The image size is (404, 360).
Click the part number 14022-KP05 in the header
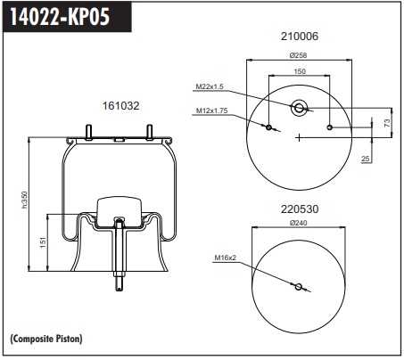click(x=60, y=16)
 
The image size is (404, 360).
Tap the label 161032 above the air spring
click(x=120, y=106)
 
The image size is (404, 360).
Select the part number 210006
click(x=300, y=37)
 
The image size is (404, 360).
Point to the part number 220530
click(x=300, y=209)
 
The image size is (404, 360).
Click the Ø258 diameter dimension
click(x=298, y=55)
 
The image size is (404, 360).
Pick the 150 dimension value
click(x=300, y=71)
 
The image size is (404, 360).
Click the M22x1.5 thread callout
click(x=210, y=86)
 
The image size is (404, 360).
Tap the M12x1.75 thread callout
click(x=211, y=110)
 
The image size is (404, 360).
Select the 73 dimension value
click(x=387, y=123)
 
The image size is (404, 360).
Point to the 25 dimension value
click(x=366, y=159)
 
